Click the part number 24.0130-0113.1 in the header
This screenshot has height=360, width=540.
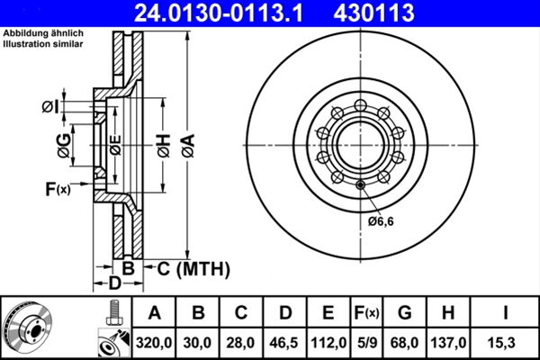(x=219, y=13)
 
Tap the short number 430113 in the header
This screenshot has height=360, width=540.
(x=373, y=13)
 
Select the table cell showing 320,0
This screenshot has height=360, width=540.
(x=154, y=343)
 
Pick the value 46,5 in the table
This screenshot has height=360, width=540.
(x=283, y=343)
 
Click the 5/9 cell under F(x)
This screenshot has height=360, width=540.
(x=367, y=343)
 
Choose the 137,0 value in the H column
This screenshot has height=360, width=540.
(x=448, y=343)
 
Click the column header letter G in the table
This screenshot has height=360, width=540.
(x=405, y=313)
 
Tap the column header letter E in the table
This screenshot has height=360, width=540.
(x=328, y=313)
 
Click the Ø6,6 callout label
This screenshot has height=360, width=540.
(x=381, y=221)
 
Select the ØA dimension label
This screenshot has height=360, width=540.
(x=189, y=146)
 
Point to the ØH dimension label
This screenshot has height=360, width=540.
(x=165, y=146)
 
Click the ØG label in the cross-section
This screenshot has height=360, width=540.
(x=65, y=146)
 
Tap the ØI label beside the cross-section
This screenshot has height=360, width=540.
(x=50, y=107)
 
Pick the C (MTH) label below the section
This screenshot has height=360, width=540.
(x=193, y=269)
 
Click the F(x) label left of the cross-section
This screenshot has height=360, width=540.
(x=58, y=189)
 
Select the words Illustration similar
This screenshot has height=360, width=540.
(x=43, y=44)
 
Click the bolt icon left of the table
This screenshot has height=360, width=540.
(x=113, y=313)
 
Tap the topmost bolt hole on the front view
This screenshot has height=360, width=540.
(x=360, y=105)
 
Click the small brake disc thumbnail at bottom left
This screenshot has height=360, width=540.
(x=28, y=328)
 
